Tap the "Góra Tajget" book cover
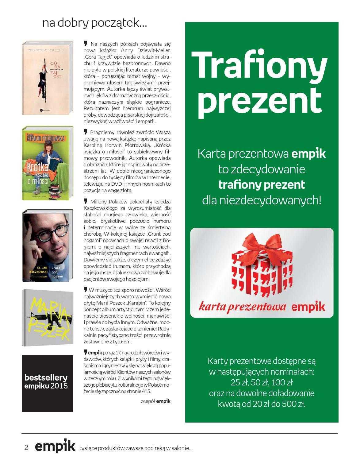(x=48, y=79)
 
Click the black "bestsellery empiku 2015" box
(x=48, y=383)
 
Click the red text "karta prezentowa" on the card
(x=242, y=306)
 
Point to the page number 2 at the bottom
(x=26, y=447)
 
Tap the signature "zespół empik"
(x=155, y=401)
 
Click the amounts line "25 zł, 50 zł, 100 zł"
(x=262, y=383)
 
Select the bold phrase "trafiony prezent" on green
(x=262, y=185)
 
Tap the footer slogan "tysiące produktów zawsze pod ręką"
(x=135, y=448)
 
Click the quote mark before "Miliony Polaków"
(x=86, y=201)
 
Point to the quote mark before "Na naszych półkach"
(x=86, y=44)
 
